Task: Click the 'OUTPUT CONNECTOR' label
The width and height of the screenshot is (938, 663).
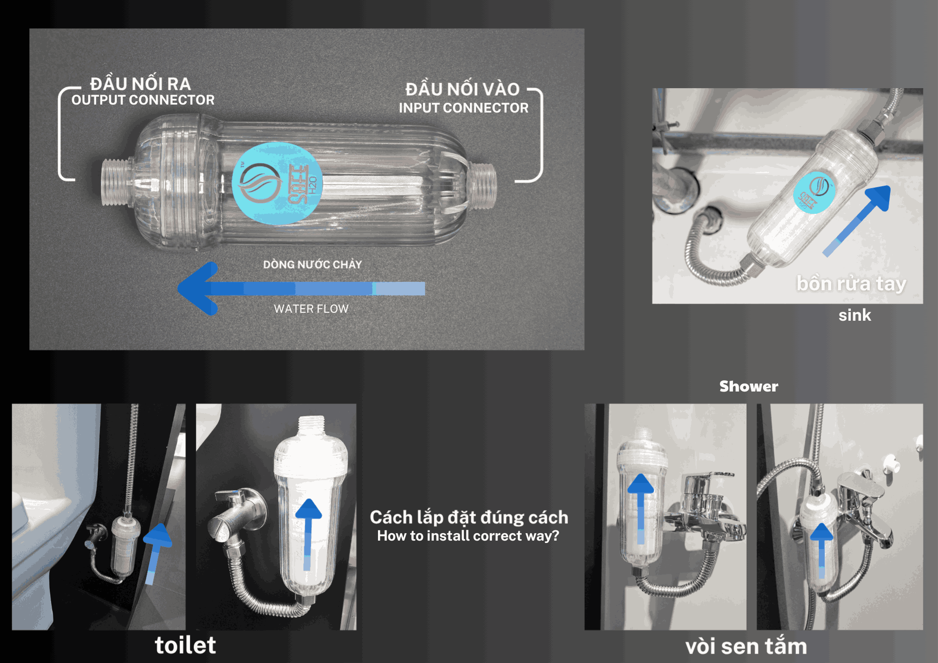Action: coord(143,100)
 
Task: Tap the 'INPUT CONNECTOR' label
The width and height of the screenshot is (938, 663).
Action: coord(464,108)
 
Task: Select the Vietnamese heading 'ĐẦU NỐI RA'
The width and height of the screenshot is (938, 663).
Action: coord(141,84)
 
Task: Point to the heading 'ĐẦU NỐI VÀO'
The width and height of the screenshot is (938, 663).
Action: coord(462,89)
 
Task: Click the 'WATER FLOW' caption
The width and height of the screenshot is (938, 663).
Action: coord(311,309)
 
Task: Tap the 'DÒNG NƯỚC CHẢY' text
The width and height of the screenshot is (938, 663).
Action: coord(312,264)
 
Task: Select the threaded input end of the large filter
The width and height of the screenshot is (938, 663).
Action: coord(483,186)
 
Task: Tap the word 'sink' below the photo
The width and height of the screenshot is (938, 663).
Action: coord(855,315)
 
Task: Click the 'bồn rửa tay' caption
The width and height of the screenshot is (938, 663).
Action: coord(851,284)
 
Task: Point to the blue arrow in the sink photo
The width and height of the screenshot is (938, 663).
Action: coord(857,221)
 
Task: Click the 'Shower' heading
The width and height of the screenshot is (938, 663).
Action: coord(749,386)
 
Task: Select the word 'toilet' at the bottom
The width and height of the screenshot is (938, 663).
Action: coord(185,645)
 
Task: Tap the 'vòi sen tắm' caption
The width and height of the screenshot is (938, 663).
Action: coord(746,647)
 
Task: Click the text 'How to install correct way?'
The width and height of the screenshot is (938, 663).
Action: coord(468,536)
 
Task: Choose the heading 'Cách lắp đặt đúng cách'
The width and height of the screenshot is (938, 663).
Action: coord(469,517)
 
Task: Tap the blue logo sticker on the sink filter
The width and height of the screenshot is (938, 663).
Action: coord(814,192)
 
